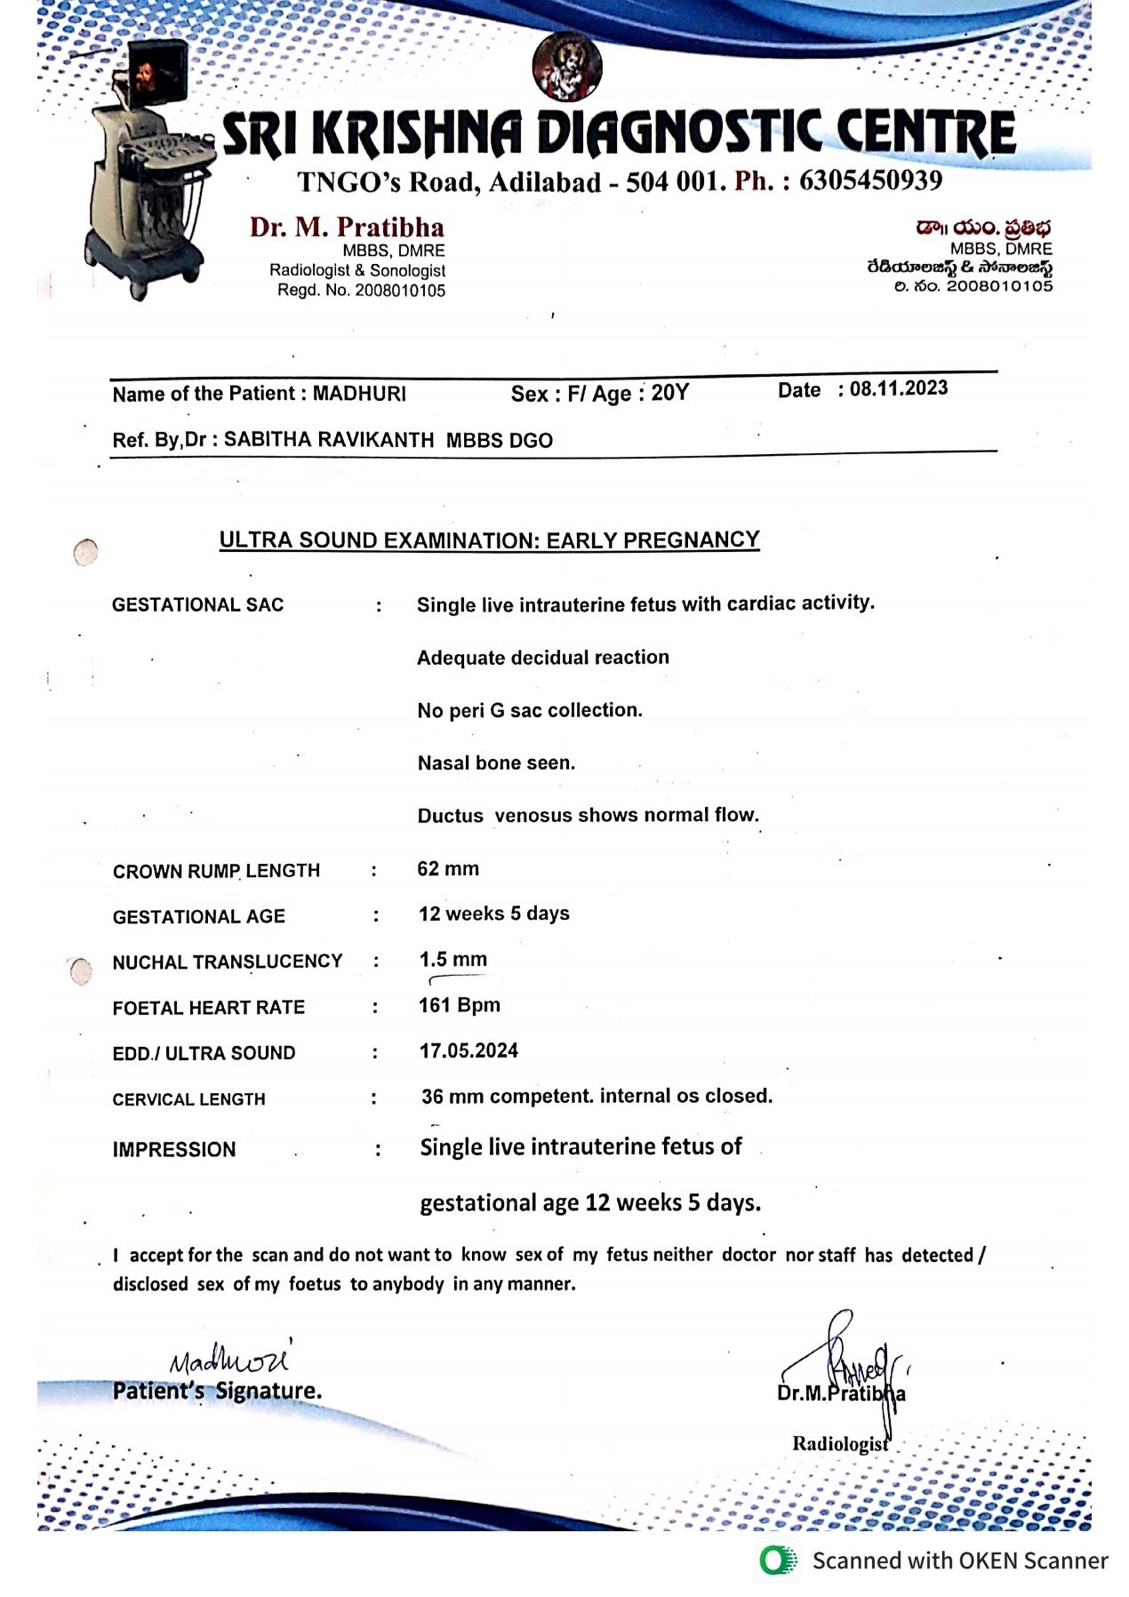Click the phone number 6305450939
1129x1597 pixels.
tap(870, 180)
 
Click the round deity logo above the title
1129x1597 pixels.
tap(566, 67)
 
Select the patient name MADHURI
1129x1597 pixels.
tap(359, 394)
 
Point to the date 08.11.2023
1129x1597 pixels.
tap(898, 388)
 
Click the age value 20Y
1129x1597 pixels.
tap(669, 393)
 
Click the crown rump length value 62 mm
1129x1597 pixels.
tap(448, 868)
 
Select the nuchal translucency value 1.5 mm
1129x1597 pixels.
tap(452, 959)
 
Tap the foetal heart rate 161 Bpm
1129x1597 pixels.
tap(459, 1005)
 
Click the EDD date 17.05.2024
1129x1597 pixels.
tap(468, 1050)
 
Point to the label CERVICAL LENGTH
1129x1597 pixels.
tap(188, 1099)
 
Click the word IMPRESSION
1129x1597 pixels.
tap(174, 1149)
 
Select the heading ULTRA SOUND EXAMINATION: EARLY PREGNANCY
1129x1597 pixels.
tap(489, 540)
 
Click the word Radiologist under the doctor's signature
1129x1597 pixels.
tap(840, 1443)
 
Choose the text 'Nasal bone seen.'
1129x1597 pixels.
tap(496, 763)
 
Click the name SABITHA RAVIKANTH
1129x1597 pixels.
tap(329, 440)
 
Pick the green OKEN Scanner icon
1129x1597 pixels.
tap(779, 1560)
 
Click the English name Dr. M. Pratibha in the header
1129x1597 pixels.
tap(347, 227)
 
